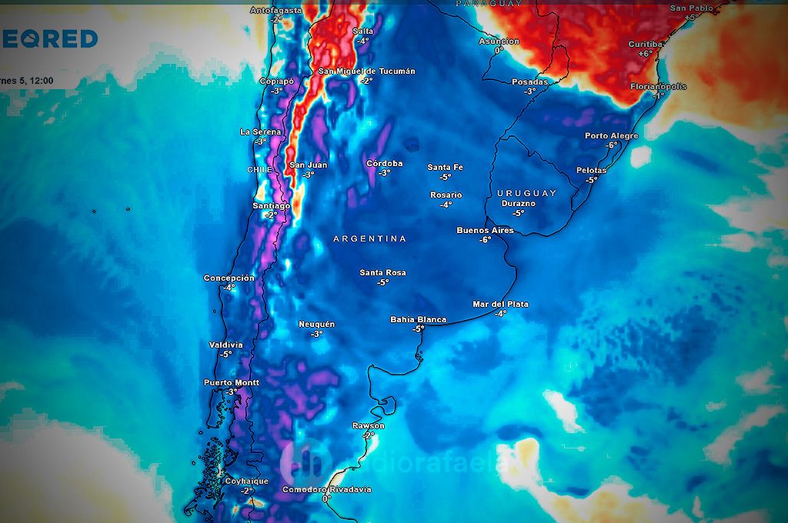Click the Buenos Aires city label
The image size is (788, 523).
pos(485,230)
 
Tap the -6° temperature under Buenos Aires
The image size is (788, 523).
pos(485,240)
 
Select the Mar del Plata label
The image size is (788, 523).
pos(500,304)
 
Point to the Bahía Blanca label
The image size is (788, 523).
pos(418,319)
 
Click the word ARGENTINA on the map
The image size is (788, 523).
pos(369,239)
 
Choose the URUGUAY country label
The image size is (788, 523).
pos(526,192)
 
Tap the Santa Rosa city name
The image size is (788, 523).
pos(382,273)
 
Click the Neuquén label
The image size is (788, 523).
pos(316,325)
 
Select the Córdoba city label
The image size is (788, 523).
pos(384,163)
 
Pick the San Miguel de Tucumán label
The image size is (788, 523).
pos(366,72)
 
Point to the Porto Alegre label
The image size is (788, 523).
pos(611,136)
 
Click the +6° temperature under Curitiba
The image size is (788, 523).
pos(645,54)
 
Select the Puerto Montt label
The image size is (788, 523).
pos(231,382)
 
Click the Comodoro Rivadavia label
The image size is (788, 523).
pos(326,489)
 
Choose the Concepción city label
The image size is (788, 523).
pos(229,278)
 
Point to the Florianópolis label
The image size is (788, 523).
pos(659,87)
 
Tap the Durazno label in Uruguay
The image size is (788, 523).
pos(518,204)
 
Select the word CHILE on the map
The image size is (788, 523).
pos(259,169)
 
